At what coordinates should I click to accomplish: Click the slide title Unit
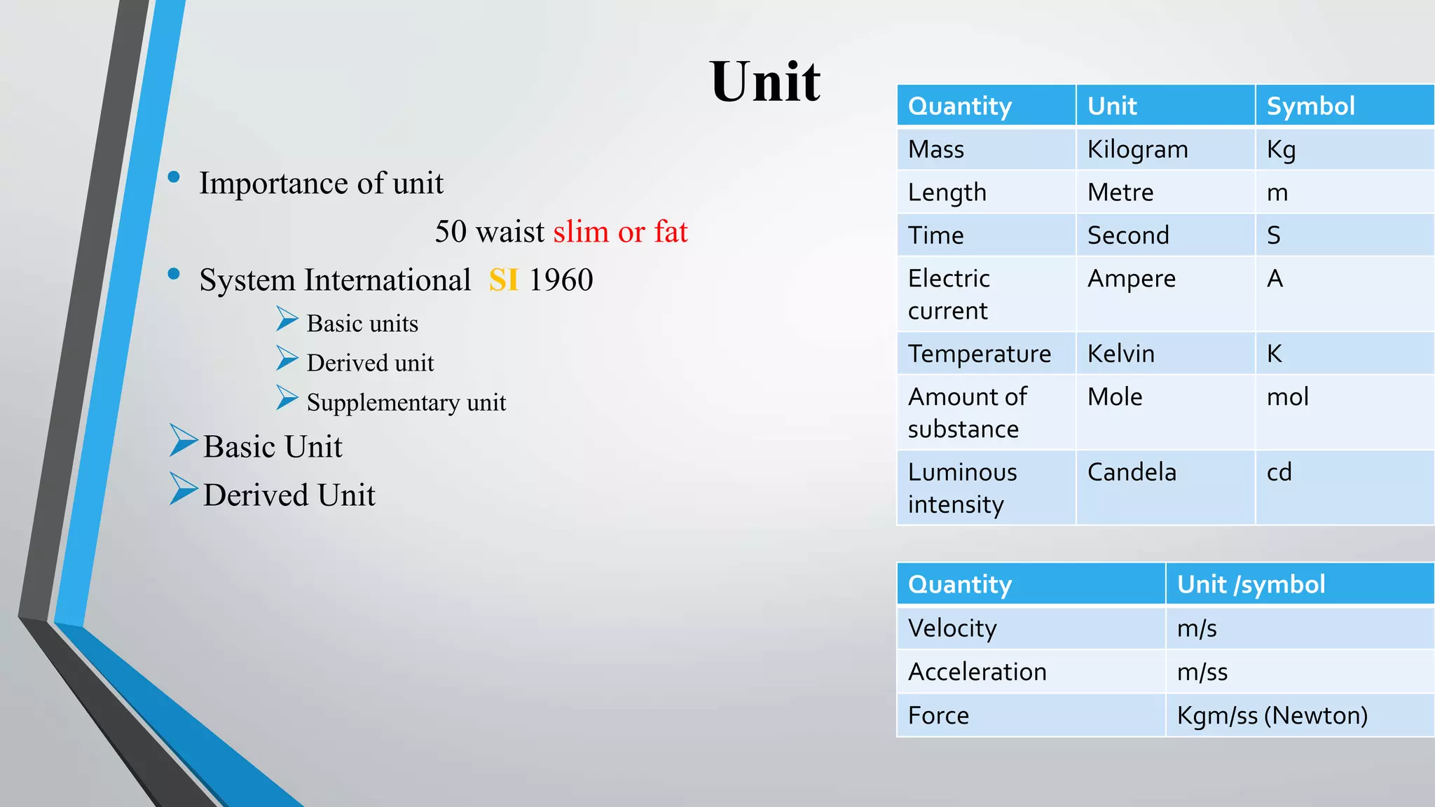[764, 81]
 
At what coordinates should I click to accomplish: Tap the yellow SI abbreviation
[503, 280]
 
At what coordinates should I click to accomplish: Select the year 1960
[561, 280]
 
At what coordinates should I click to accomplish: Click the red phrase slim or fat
[621, 232]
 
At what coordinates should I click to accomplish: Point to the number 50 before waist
[451, 232]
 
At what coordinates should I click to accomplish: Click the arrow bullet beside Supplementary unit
[287, 398]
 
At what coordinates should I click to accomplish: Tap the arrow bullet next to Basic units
[287, 319]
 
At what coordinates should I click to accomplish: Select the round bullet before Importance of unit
[174, 177]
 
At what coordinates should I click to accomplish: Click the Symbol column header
[1310, 106]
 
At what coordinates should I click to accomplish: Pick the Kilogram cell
[1137, 150]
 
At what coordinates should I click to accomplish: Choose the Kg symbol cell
[1281, 150]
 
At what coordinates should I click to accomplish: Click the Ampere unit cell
[1131, 279]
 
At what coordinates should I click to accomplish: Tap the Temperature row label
[979, 354]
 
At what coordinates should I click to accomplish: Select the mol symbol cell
[1287, 397]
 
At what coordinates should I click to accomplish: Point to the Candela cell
[1132, 472]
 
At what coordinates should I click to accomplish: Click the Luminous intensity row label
[962, 488]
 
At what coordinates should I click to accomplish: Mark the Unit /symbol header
[1251, 584]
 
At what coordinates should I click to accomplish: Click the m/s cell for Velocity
[1197, 628]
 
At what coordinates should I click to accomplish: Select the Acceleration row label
[977, 672]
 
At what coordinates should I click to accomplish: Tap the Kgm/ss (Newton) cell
[1272, 715]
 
